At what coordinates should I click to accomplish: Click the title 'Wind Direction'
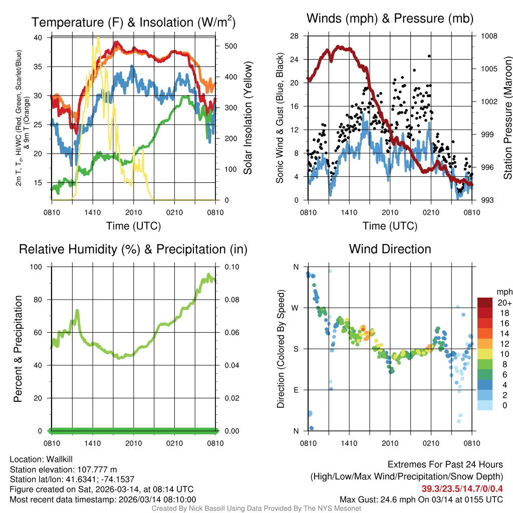pos(390,249)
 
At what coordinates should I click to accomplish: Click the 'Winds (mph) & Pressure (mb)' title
pos(390,19)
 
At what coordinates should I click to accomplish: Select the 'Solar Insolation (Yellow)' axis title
pos(248,118)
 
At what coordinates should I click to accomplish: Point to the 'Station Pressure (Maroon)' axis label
pos(507,118)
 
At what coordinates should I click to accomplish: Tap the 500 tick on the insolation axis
pos(226,46)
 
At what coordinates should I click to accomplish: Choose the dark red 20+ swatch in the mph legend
pos(485,303)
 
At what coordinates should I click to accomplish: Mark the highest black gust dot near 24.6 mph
pos(429,56)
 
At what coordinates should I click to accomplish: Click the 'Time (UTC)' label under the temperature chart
pos(133,226)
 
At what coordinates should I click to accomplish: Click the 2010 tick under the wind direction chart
pos(390,443)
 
